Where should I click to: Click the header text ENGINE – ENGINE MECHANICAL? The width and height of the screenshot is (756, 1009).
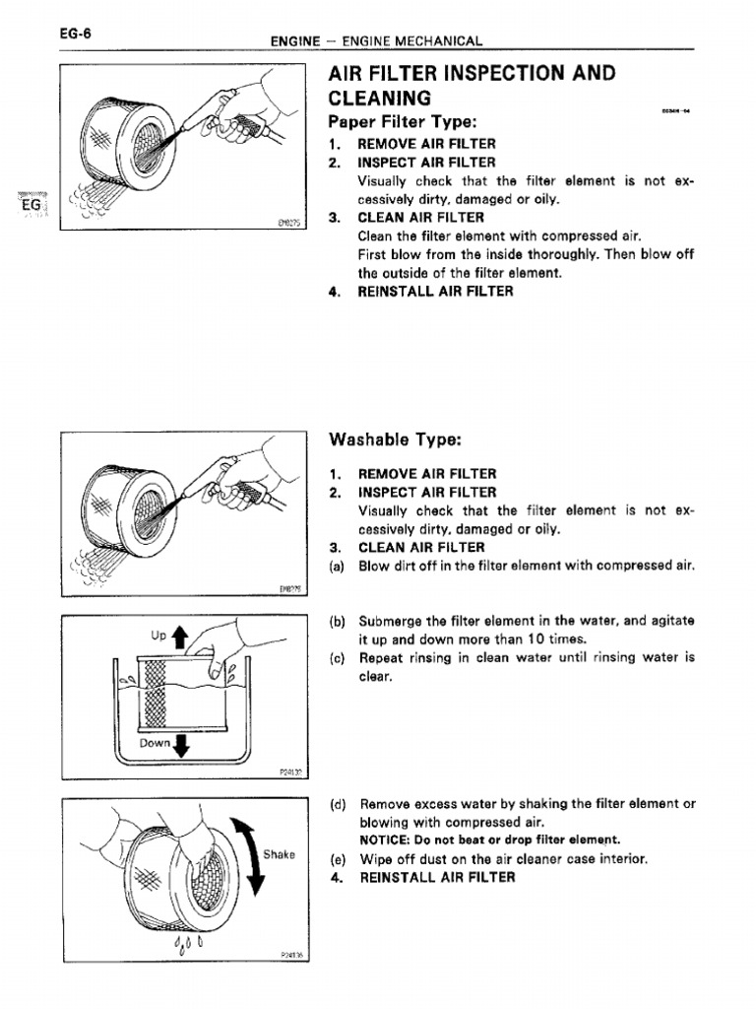pyautogui.click(x=377, y=41)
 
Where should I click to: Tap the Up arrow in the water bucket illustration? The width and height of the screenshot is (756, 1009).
pyautogui.click(x=179, y=637)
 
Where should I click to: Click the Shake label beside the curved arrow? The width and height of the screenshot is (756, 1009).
pyautogui.click(x=279, y=854)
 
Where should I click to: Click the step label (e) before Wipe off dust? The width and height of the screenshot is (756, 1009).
pyautogui.click(x=339, y=858)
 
